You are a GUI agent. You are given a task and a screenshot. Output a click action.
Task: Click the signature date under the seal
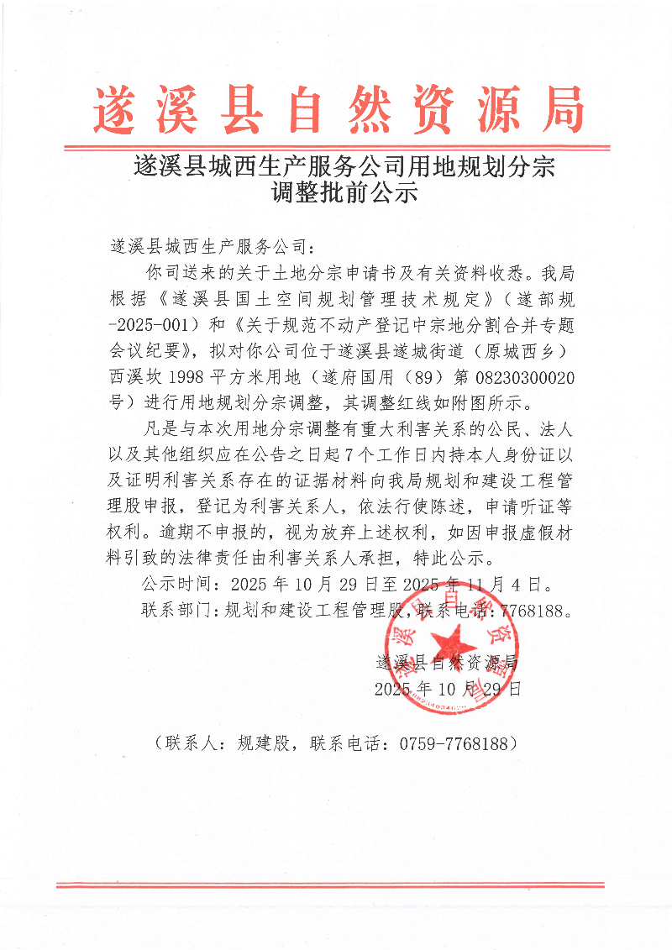point(448,690)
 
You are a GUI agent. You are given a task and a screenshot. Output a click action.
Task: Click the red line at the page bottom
point(329,884)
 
